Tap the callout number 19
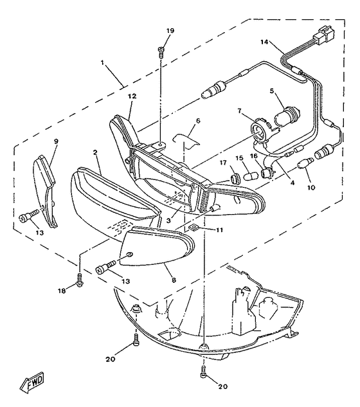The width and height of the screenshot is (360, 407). tap(170, 31)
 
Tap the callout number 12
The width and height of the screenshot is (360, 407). tap(132, 96)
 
